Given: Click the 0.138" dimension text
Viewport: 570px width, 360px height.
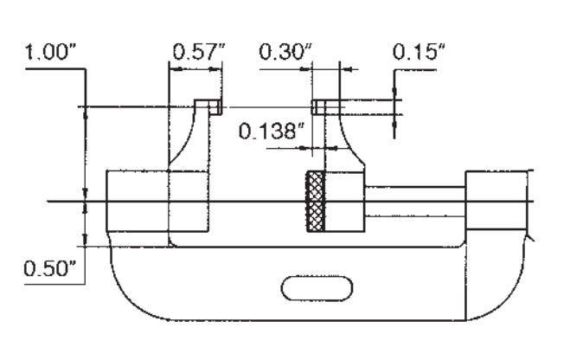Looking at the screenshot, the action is click(272, 131).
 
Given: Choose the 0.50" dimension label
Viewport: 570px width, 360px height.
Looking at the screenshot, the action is click(50, 269).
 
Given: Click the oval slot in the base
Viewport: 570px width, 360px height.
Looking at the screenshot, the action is click(317, 288).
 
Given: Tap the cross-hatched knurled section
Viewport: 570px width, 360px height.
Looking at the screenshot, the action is click(316, 201).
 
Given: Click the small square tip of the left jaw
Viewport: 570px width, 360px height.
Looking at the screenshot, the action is click(216, 107).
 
